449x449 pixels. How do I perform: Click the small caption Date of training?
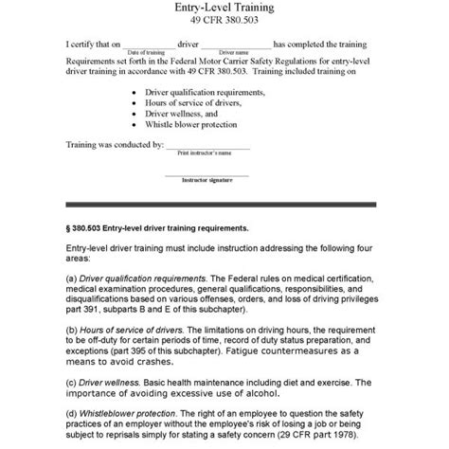[x=148, y=51]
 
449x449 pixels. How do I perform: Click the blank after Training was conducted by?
[x=207, y=149]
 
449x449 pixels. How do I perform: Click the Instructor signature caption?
[x=207, y=179]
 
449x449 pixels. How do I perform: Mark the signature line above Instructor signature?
[x=207, y=174]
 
